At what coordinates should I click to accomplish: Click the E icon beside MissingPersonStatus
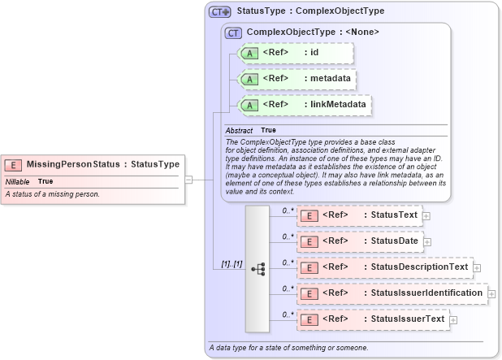[15, 164]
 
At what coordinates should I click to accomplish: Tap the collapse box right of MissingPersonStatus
[188, 180]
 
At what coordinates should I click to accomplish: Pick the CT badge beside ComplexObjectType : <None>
[233, 33]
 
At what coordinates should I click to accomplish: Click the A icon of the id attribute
[250, 54]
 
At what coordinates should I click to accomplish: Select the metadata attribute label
[331, 79]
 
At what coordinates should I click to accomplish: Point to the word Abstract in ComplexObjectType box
[239, 131]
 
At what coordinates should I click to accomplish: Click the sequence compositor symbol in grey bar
[258, 268]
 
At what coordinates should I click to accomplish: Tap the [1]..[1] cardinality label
[232, 265]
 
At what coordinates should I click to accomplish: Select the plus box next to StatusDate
[427, 241]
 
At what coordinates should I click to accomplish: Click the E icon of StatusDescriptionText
[309, 267]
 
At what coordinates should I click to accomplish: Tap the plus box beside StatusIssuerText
[453, 319]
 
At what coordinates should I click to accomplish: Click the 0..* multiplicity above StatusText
[287, 210]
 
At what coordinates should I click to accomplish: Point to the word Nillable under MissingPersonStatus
[17, 181]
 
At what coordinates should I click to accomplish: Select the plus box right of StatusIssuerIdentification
[491, 293]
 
